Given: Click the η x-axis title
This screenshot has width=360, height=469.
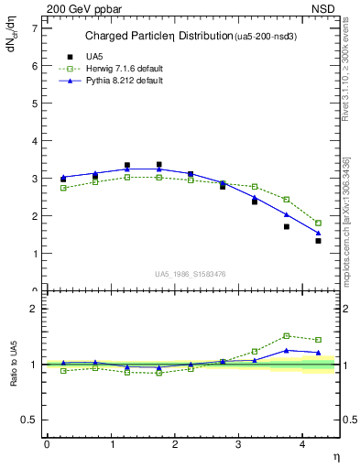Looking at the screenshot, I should [x=335, y=456].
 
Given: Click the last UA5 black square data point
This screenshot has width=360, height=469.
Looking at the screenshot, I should [x=318, y=241].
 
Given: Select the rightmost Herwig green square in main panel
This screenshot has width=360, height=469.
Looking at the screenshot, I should [x=318, y=223].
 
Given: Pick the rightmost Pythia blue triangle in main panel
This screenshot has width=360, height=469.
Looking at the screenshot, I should [x=318, y=233].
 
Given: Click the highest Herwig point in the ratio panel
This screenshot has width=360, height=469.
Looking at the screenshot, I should [x=287, y=335].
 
